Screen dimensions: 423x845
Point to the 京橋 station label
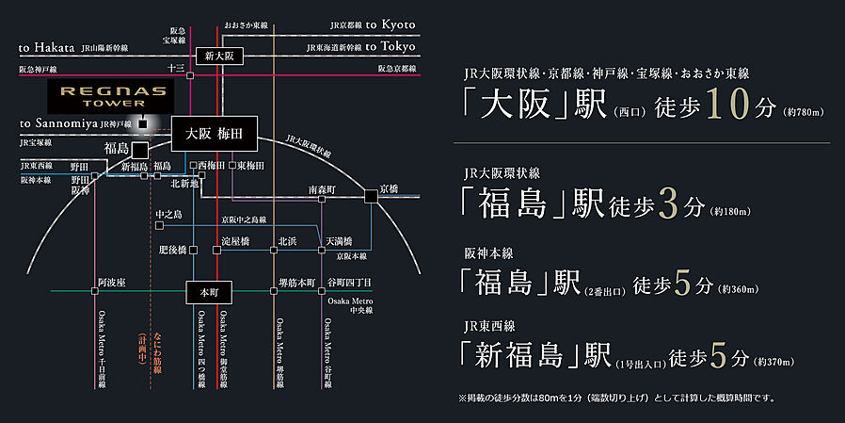coord(389,189)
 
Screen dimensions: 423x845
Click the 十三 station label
coord(175,68)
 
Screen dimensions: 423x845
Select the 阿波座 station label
coord(112,282)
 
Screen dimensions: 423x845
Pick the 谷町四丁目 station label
coord(349,282)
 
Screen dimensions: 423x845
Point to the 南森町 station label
coord(322,190)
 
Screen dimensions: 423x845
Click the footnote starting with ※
coord(616,399)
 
